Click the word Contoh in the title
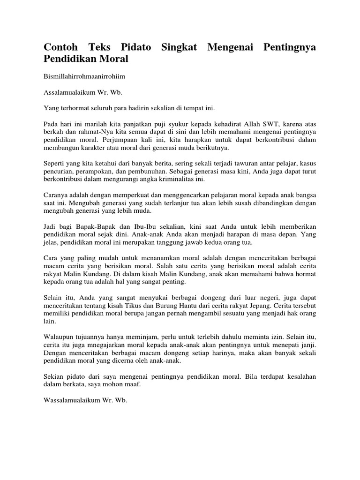tap(60, 47)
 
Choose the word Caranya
tap(56, 195)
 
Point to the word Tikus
tap(142, 306)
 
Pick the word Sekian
tap(54, 377)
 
